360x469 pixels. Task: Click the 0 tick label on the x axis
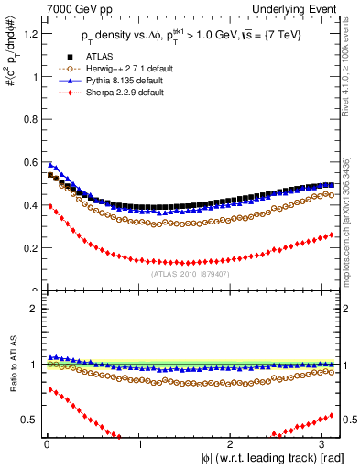46,444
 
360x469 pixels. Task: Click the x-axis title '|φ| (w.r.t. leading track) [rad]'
265,459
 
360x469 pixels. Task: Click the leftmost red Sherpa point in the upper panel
50,206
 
